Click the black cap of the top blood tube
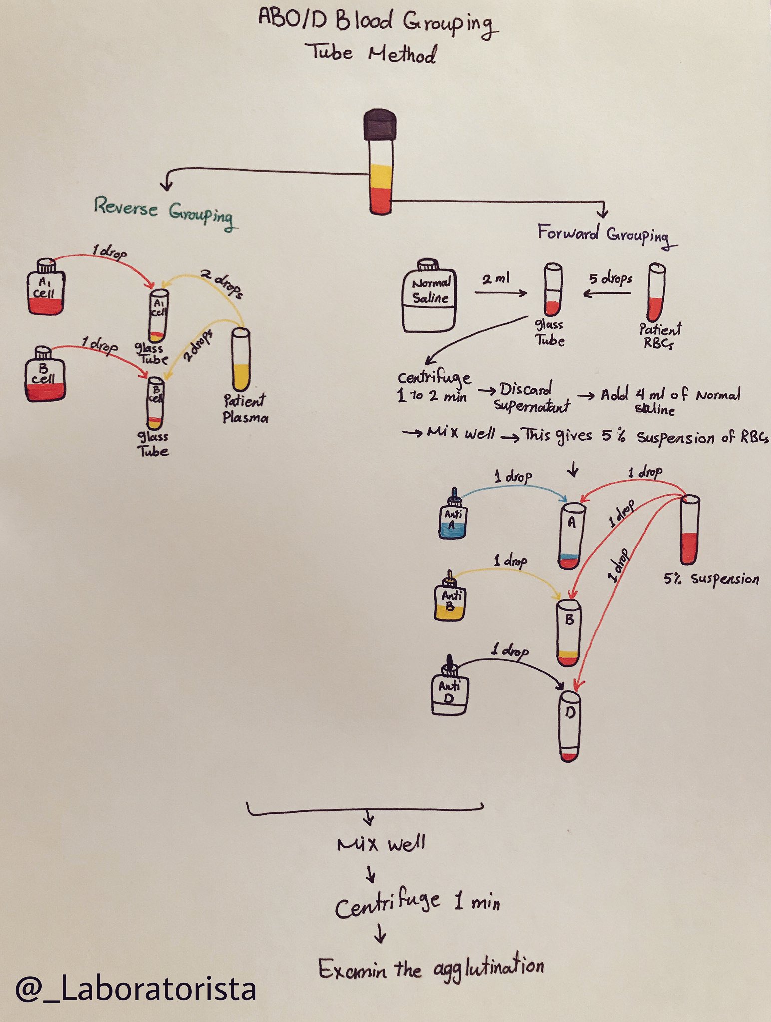[380, 125]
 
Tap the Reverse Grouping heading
[163, 210]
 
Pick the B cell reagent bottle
[44, 374]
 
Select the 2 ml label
[495, 278]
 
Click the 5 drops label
[610, 278]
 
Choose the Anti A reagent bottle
[453, 516]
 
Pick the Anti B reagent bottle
[449, 599]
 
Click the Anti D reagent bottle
[449, 689]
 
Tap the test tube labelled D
[569, 726]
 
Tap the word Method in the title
[402, 54]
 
